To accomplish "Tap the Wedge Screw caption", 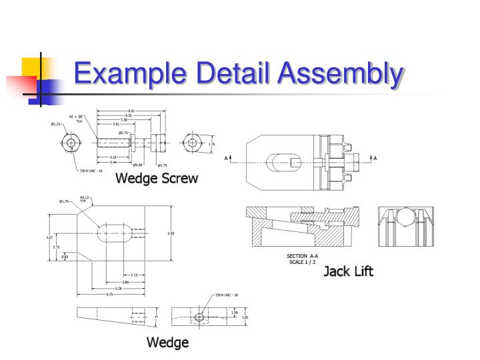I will point(157,178).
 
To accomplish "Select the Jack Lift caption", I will point(348,271).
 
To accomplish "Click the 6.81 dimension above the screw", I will point(131,111).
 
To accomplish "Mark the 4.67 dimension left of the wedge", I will point(49,237).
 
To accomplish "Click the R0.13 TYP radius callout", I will point(85,198).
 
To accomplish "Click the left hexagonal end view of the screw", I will point(71,143).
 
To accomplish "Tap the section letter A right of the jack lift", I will point(375,158).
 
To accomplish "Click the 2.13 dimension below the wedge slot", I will point(134,274).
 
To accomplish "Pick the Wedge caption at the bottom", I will point(167,343).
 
